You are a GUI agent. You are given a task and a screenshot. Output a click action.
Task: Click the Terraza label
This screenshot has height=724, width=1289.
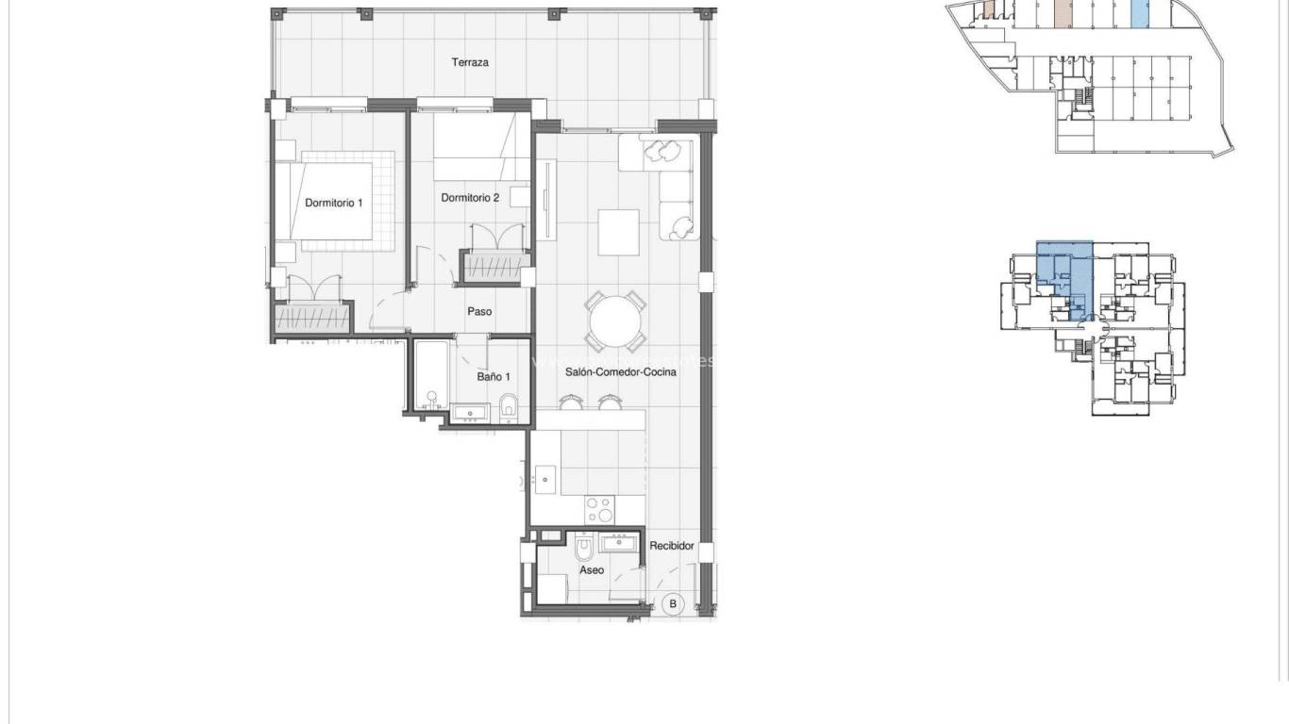[469, 63]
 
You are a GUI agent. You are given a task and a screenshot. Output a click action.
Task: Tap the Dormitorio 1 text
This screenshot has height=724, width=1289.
[333, 203]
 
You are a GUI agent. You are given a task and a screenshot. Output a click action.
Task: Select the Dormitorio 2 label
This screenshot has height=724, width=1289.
[470, 198]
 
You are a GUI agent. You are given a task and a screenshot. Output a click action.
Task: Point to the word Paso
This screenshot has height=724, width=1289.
[479, 311]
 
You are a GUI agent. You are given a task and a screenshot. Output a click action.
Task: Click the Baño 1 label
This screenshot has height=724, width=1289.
[490, 376]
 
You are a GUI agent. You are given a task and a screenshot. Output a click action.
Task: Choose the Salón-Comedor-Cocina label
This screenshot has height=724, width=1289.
[620, 372]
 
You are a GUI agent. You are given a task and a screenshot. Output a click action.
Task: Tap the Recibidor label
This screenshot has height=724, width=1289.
[672, 546]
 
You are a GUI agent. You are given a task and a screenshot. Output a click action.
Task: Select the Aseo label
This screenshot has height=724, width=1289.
[592, 570]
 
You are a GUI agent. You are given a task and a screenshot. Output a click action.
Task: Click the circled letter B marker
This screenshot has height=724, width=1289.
[673, 604]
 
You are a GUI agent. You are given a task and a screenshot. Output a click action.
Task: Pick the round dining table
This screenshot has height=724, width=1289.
[615, 322]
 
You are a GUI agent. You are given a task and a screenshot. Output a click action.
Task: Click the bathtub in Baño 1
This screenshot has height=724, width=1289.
[431, 374]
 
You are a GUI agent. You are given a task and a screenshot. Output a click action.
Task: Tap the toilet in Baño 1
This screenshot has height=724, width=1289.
[509, 406]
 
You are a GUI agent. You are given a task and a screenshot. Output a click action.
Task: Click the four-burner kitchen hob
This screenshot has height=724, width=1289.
[599, 510]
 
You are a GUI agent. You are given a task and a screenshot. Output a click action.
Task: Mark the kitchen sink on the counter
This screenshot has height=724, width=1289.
[544, 479]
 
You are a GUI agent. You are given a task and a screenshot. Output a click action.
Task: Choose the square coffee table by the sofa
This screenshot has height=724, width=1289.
[620, 231]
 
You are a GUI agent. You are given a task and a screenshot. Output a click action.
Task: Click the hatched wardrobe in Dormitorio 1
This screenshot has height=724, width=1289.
[313, 317]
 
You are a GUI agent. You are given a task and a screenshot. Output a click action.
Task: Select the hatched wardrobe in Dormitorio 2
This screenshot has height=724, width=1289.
[490, 266]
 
